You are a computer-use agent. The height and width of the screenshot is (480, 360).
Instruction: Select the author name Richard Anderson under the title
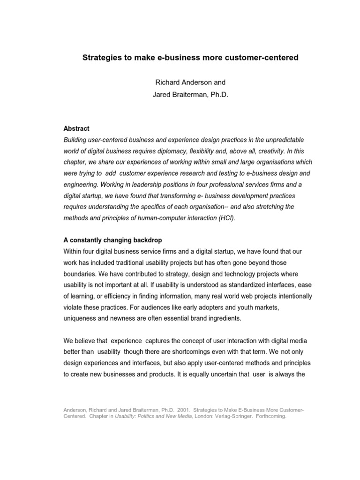pyautogui.click(x=175, y=83)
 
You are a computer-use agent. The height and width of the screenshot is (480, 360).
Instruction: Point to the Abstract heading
pyautogui.click(x=76, y=128)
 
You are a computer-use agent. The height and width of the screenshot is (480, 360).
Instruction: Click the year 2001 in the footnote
pyautogui.click(x=170, y=410)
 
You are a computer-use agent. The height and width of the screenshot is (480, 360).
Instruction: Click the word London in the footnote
pyautogui.click(x=197, y=416)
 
